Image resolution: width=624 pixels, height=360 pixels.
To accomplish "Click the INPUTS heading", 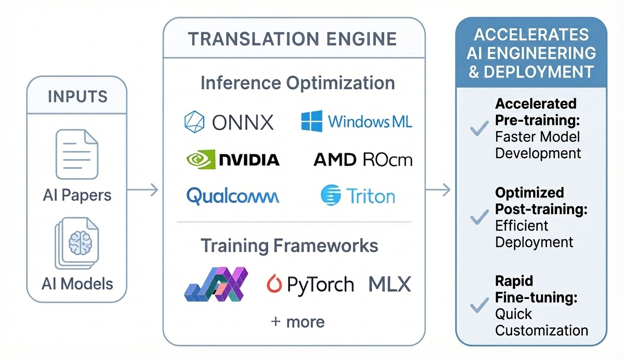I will click(77, 96).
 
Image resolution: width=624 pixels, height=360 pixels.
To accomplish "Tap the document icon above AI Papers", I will click(77, 154).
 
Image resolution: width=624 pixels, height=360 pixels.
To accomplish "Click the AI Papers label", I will click(77, 195).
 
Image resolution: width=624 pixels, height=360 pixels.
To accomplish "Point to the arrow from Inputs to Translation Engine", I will click(142, 189).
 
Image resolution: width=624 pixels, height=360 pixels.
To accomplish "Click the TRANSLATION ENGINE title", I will click(292, 39).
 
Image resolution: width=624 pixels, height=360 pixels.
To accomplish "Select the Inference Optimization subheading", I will click(297, 83).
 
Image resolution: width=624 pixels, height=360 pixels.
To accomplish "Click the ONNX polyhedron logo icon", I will click(194, 122).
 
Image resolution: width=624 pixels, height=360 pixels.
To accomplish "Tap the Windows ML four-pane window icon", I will click(312, 121).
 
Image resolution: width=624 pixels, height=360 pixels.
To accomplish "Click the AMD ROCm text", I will click(362, 160).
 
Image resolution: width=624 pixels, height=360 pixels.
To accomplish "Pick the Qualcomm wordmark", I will click(233, 197).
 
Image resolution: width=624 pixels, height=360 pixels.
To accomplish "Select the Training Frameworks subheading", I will click(290, 246).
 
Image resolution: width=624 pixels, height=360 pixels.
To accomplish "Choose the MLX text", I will click(390, 284).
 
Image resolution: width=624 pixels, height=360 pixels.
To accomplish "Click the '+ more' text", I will click(297, 322).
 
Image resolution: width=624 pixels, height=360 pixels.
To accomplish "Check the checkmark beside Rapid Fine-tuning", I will click(479, 305).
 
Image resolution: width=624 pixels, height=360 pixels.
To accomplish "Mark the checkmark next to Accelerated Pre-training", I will click(479, 129).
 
